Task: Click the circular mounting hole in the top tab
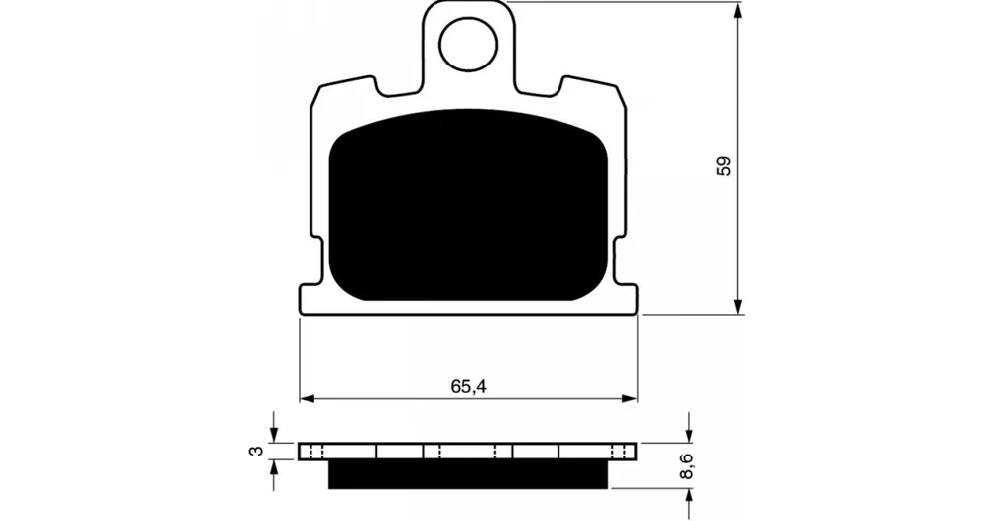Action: (468, 45)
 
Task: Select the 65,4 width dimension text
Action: (469, 386)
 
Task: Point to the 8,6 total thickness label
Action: (688, 466)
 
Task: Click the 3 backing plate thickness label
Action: (256, 451)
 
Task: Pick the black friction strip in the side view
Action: (468, 474)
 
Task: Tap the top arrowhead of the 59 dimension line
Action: (738, 10)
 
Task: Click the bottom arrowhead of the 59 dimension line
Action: (738, 306)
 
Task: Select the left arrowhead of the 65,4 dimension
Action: (308, 399)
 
